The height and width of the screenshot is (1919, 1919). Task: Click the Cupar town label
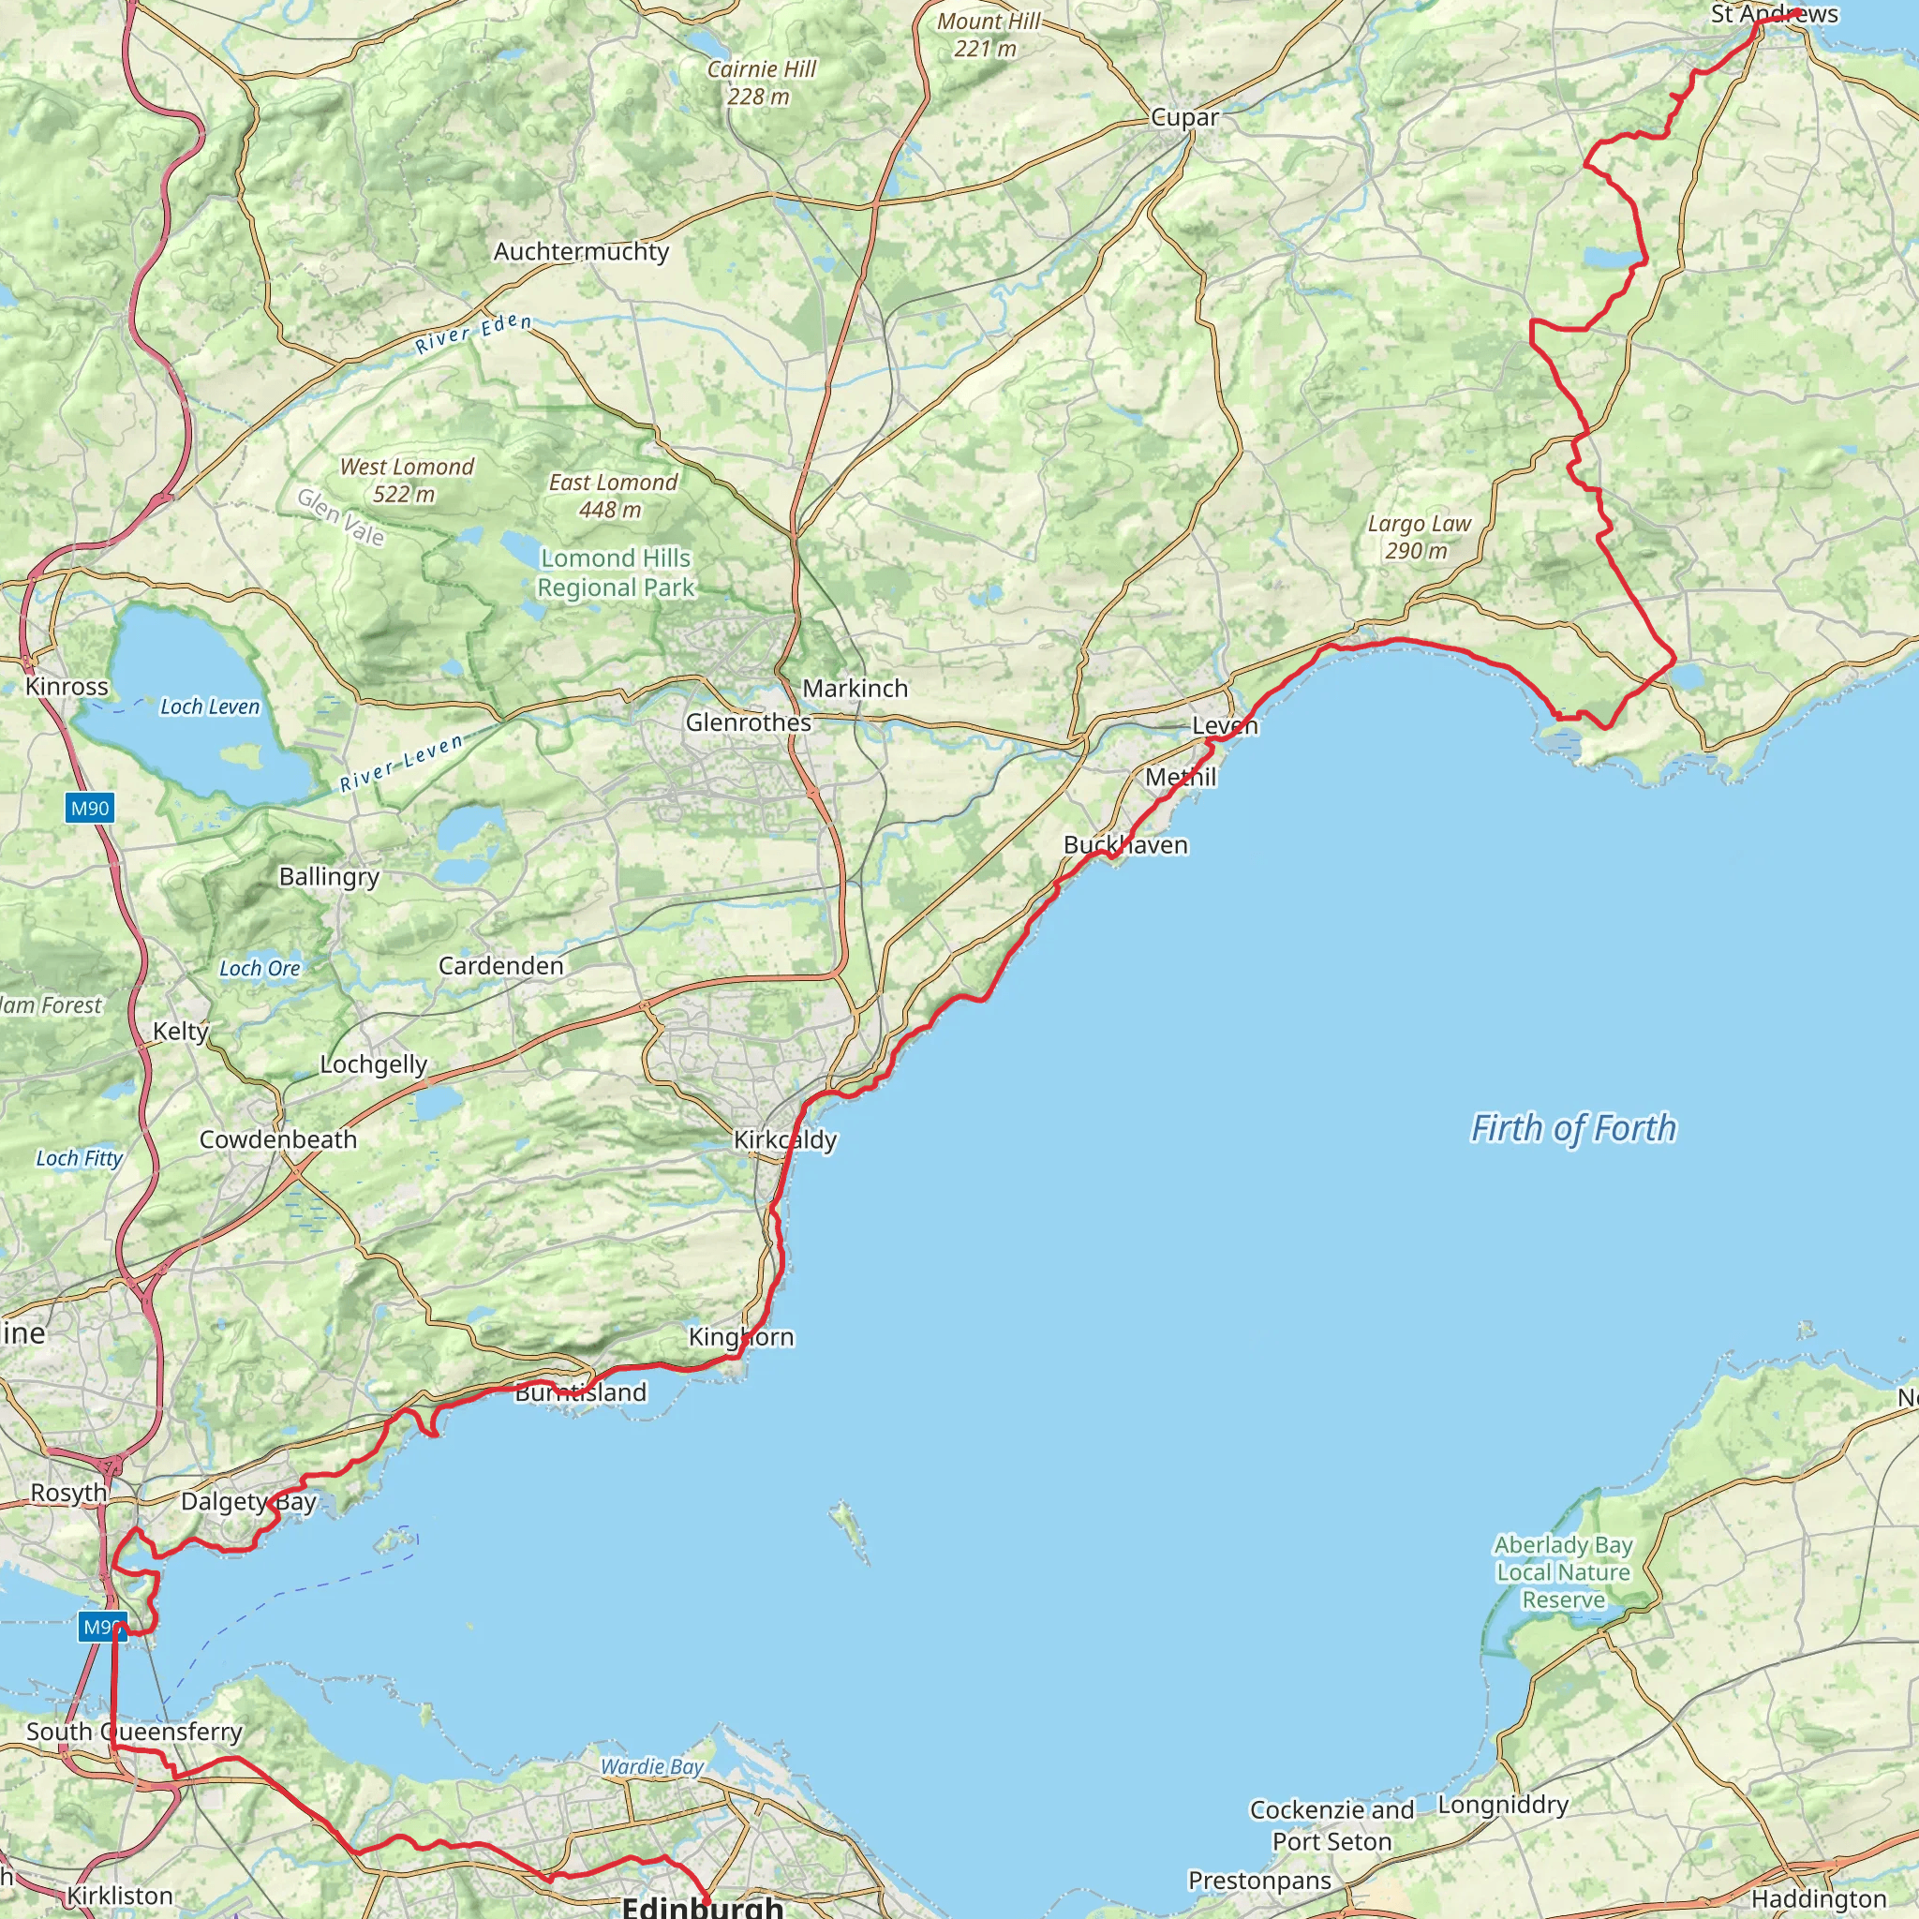click(x=1184, y=117)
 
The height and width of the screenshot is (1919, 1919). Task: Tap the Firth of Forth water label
click(x=1572, y=1128)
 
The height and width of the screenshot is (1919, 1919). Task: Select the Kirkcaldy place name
click(x=784, y=1139)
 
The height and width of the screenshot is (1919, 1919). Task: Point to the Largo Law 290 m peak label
click(x=1419, y=536)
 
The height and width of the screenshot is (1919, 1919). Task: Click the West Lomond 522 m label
click(x=407, y=480)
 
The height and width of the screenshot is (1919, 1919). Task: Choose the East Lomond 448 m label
click(x=613, y=496)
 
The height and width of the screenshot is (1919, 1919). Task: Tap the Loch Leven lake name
click(x=210, y=707)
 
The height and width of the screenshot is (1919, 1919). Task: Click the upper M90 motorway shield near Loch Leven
click(x=89, y=808)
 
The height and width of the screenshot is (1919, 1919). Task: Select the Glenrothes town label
click(x=748, y=722)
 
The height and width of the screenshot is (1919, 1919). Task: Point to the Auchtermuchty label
click(x=581, y=251)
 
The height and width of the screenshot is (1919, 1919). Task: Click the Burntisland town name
click(x=581, y=1391)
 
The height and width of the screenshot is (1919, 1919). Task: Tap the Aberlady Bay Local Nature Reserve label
click(x=1564, y=1572)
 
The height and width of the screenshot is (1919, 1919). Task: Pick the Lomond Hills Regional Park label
click(x=616, y=573)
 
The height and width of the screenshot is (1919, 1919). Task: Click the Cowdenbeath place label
click(x=278, y=1139)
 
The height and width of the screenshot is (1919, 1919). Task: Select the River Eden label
click(x=473, y=334)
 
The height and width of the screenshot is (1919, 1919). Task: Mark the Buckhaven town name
click(x=1125, y=844)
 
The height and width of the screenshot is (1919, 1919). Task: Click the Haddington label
click(x=1818, y=1898)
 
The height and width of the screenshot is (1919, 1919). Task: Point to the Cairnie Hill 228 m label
click(x=761, y=82)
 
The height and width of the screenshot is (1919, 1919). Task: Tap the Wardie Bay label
click(x=651, y=1766)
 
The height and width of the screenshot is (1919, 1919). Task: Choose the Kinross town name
click(x=67, y=686)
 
